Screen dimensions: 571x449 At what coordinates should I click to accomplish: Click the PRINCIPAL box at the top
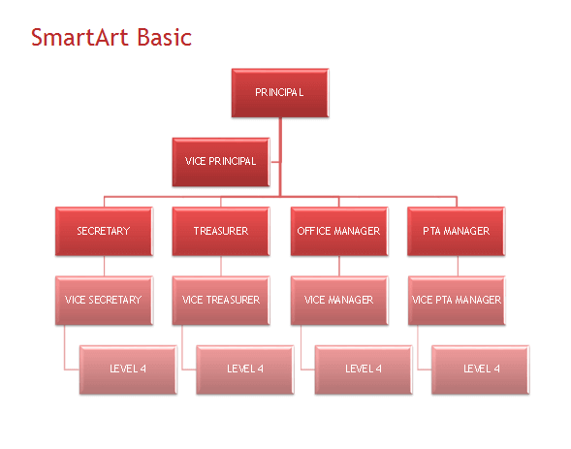[280, 93]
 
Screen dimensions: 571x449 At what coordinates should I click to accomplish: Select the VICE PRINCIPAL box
[221, 162]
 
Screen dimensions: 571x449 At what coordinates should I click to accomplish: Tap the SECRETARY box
[104, 231]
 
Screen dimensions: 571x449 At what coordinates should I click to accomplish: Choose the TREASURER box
[221, 231]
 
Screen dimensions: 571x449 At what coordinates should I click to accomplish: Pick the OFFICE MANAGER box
[339, 231]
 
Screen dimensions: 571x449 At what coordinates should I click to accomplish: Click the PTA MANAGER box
[457, 231]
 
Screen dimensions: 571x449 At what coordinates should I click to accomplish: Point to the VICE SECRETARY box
[104, 301]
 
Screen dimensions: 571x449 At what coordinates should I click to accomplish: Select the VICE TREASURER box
[221, 301]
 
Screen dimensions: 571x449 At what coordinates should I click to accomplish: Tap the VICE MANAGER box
[339, 301]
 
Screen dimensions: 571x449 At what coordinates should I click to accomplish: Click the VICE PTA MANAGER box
[457, 301]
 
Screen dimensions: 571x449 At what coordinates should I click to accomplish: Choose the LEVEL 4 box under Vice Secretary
[128, 369]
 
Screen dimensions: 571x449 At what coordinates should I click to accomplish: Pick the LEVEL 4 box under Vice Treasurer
[245, 369]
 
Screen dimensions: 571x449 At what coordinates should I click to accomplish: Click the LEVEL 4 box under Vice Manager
[364, 369]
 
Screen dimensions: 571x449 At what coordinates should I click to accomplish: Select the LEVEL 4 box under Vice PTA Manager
[480, 369]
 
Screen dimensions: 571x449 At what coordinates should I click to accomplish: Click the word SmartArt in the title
[79, 37]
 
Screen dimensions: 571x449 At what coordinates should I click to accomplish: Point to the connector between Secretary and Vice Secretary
[104, 266]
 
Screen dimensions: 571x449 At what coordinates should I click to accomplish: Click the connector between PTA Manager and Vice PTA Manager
[458, 266]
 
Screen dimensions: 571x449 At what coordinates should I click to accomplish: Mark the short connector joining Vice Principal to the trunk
[275, 162]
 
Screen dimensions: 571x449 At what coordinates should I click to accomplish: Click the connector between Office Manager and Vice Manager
[339, 266]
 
